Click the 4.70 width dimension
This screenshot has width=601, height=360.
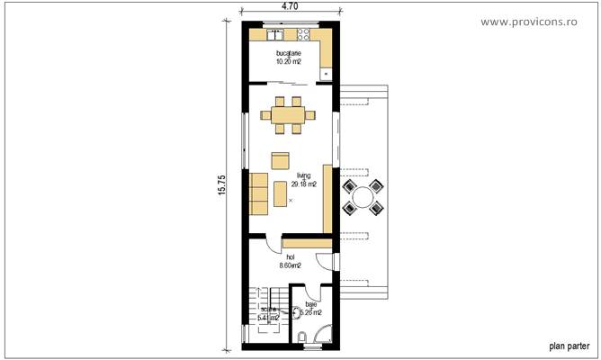tap(290, 6)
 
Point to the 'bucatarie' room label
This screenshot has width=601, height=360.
tap(289, 54)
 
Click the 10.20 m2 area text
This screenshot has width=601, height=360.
tap(289, 63)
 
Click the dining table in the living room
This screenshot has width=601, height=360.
tap(289, 114)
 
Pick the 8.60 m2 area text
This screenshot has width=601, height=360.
tap(290, 265)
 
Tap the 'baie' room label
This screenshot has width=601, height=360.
tap(311, 304)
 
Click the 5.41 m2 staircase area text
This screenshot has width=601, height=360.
tap(268, 317)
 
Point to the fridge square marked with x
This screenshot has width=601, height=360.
tap(325, 74)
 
